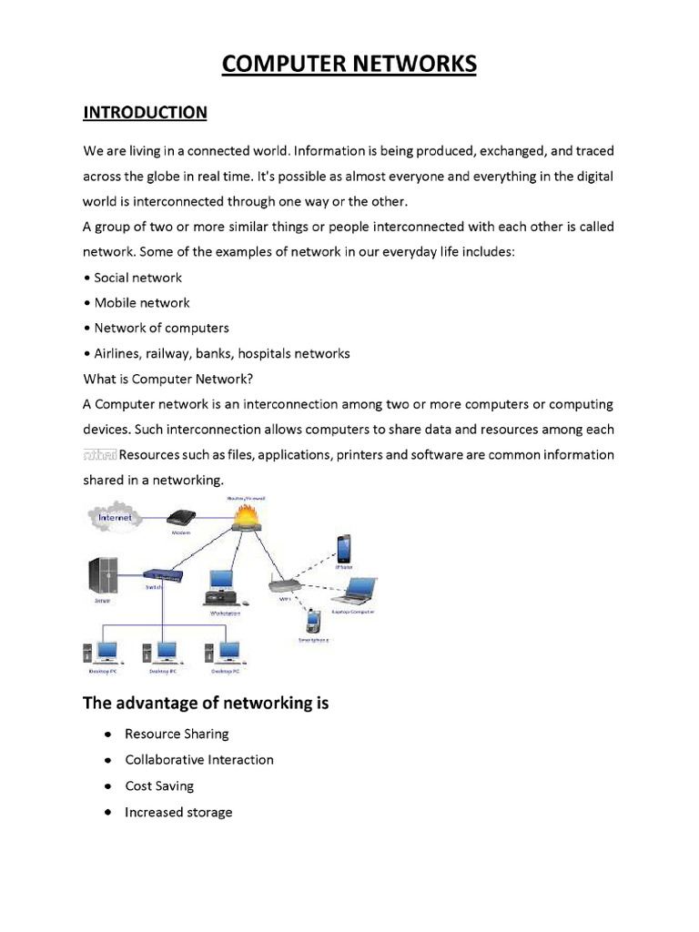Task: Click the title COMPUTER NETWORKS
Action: (349, 65)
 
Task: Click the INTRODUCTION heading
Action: (145, 113)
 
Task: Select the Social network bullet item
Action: (137, 278)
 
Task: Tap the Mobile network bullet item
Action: (141, 303)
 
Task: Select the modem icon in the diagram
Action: (181, 516)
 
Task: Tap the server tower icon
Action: (102, 575)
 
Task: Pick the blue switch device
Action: (164, 575)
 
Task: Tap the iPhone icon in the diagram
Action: (344, 549)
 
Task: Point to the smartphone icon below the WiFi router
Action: (312, 623)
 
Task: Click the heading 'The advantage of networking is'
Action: (206, 703)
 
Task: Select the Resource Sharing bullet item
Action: (177, 734)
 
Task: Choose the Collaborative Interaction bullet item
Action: (198, 760)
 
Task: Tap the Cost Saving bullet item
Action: (159, 786)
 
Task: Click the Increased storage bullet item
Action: (178, 813)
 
